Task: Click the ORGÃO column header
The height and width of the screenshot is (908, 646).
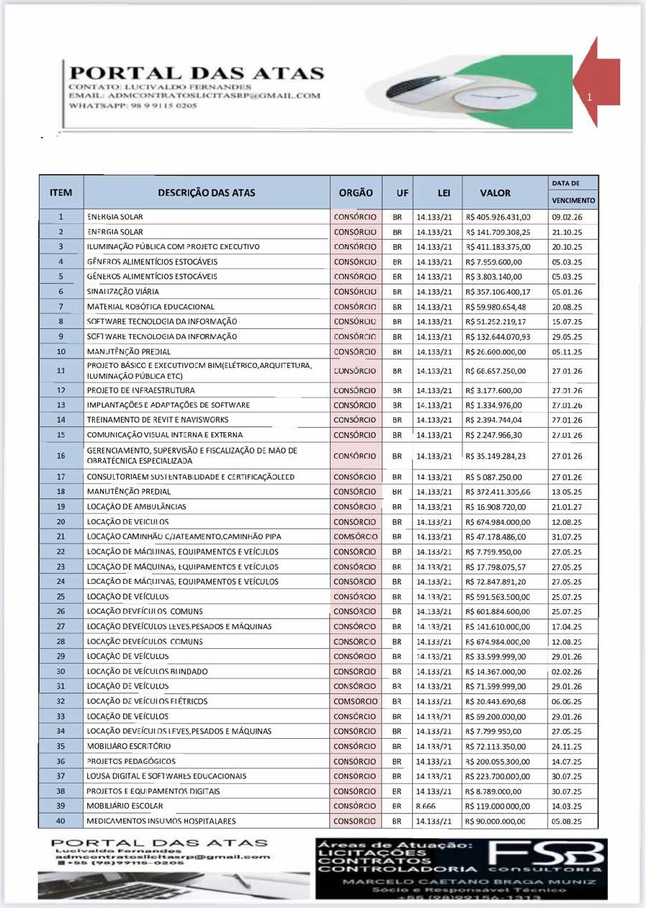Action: click(356, 193)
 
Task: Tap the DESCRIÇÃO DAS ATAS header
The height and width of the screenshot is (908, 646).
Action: click(206, 193)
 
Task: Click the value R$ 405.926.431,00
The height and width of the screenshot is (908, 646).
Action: click(498, 217)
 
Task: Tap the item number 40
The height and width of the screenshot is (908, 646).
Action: click(60, 821)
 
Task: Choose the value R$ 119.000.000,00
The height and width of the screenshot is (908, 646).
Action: click(498, 806)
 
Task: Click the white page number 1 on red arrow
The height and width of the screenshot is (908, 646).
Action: click(588, 96)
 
